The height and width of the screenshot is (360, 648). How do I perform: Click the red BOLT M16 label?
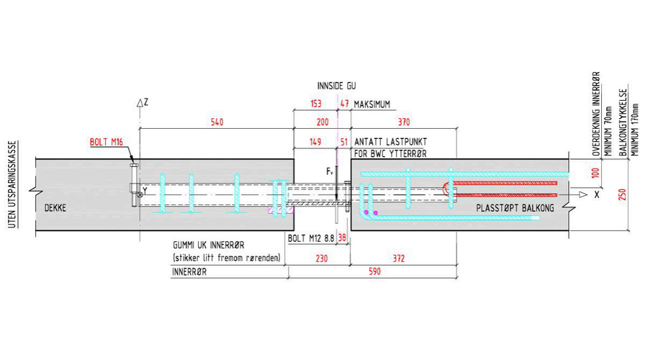point(107,141)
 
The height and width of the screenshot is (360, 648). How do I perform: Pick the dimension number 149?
point(315,141)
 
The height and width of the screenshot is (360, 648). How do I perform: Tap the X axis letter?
point(598,194)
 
